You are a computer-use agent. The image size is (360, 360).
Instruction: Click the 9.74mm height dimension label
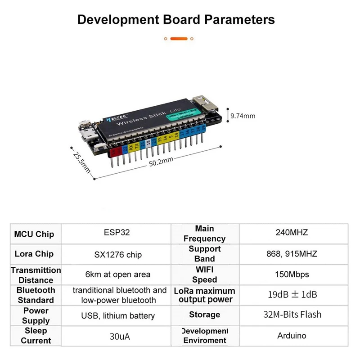[243, 116]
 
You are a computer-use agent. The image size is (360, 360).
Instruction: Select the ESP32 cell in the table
[117, 233]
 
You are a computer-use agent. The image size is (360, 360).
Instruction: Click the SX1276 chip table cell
[117, 255]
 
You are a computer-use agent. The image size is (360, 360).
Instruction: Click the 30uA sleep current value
[117, 336]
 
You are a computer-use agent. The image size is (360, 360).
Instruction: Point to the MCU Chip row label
[34, 234]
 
